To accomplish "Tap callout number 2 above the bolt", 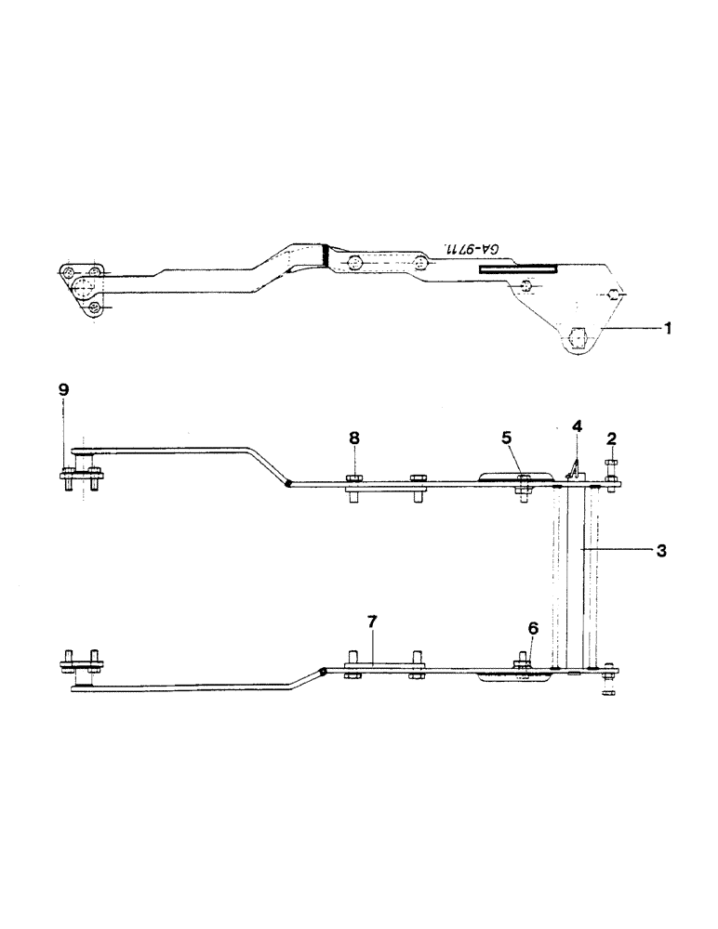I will (611, 438).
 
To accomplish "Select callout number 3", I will (660, 551).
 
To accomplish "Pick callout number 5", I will (507, 437).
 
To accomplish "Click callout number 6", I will (532, 629).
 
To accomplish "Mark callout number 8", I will (353, 437).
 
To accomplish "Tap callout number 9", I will (63, 390).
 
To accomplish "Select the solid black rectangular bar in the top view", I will (518, 268).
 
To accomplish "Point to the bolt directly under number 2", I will (611, 469).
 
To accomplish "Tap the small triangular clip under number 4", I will (574, 470).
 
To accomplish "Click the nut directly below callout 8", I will (355, 479).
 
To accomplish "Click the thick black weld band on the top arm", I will (326, 252).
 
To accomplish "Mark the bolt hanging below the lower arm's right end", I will (608, 690).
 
